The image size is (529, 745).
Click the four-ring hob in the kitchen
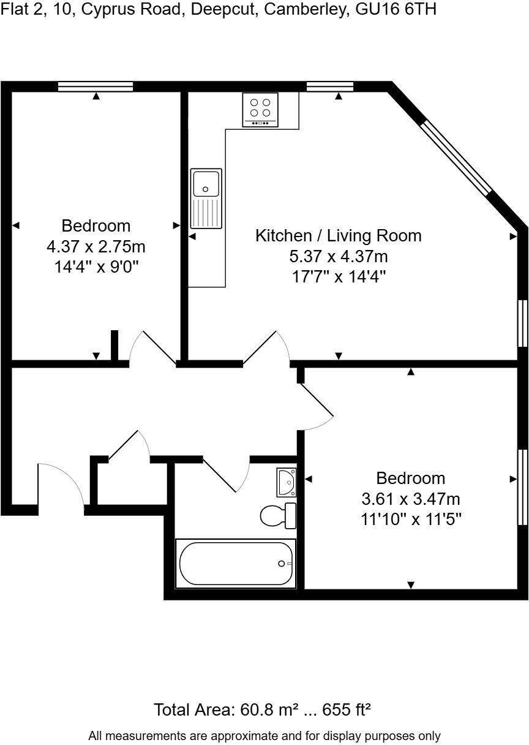pyautogui.click(x=260, y=109)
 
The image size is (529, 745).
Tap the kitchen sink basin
pyautogui.click(x=206, y=183)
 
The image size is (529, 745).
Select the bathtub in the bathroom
pyautogui.click(x=236, y=563)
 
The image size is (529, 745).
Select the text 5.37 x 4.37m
pyautogui.click(x=339, y=255)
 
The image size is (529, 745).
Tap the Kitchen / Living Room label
pyautogui.click(x=339, y=235)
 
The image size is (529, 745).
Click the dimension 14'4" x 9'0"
pyautogui.click(x=96, y=267)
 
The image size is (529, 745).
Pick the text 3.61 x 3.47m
pyautogui.click(x=411, y=499)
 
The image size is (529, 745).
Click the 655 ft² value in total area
pyautogui.click(x=348, y=710)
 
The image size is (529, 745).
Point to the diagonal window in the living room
pyautogui.click(x=457, y=157)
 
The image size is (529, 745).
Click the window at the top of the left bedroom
pyautogui.click(x=96, y=86)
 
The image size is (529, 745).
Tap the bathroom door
pyautogui.click(x=227, y=474)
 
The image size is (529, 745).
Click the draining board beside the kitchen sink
pyautogui.click(x=206, y=213)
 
